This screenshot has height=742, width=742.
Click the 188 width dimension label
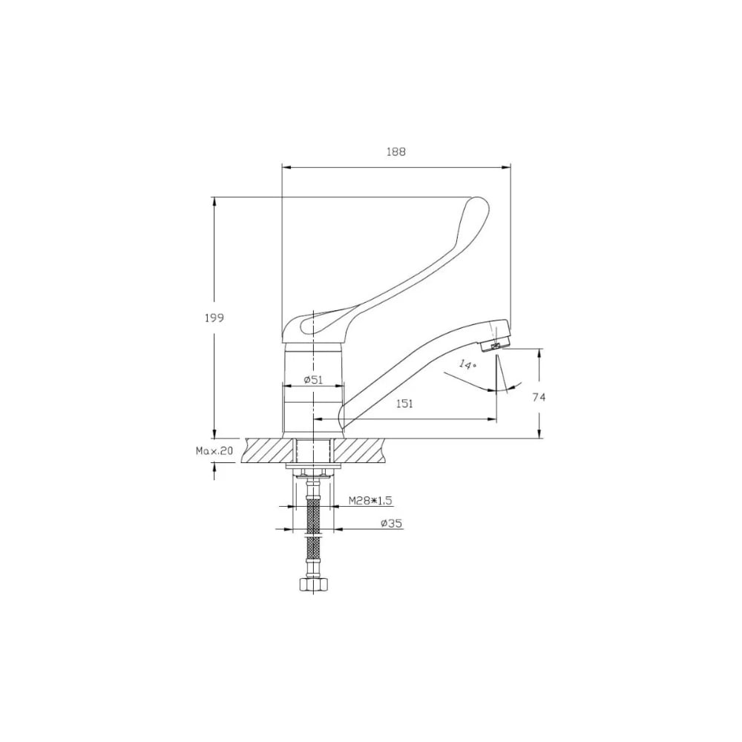click(396, 152)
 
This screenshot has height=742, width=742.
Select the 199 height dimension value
click(214, 318)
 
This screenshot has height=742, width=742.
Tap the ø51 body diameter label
click(313, 379)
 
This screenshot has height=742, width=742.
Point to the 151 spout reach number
click(404, 403)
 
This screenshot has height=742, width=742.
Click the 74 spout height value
click(539, 397)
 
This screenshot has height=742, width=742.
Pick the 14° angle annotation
click(467, 365)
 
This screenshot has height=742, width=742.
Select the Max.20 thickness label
click(214, 451)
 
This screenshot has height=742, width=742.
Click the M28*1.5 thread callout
click(370, 500)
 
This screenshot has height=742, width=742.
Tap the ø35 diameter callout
click(391, 523)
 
